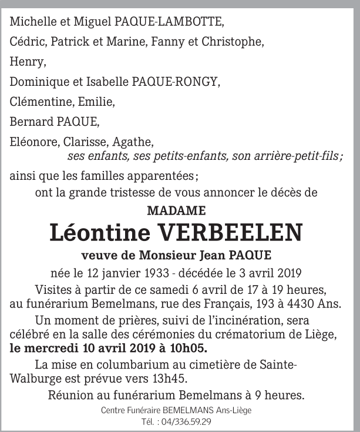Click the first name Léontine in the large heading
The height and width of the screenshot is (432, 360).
coord(100,232)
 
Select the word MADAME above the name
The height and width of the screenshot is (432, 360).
coord(176,210)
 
